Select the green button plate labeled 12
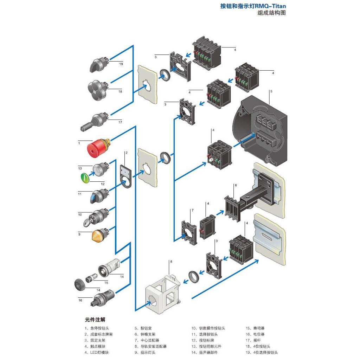(x=85, y=178)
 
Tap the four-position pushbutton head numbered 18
(x=97, y=89)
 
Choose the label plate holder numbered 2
(x=125, y=175)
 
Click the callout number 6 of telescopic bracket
(x=236, y=185)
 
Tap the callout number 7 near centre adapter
(x=192, y=210)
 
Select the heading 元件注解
(x=95, y=320)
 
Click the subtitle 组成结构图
(x=272, y=13)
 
